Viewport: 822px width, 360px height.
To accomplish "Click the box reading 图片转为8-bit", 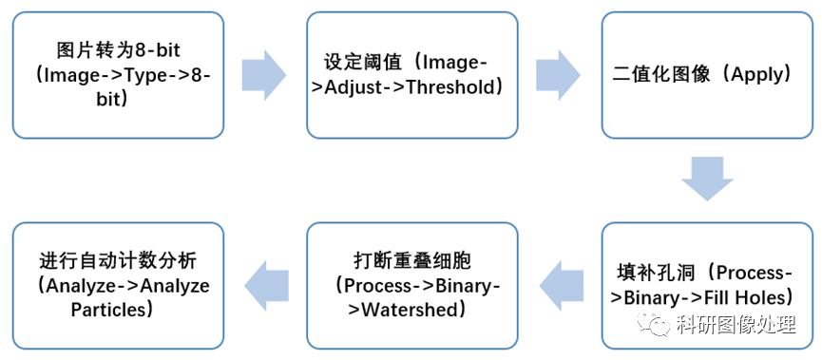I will pos(118,74).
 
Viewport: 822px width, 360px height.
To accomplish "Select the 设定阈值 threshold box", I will pos(412,74).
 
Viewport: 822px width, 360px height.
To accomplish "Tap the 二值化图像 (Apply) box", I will pos(707,74).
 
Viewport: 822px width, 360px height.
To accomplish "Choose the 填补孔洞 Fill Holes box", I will pos(707,285).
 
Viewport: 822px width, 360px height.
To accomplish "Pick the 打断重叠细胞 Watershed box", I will pos(412,284).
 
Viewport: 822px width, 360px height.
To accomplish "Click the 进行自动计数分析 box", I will pos(118,284).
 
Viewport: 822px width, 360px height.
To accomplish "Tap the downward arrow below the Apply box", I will pos(707,180).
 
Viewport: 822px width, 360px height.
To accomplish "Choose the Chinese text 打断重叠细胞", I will pos(411,260).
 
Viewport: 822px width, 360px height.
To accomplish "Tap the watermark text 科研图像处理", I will pos(736,326).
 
